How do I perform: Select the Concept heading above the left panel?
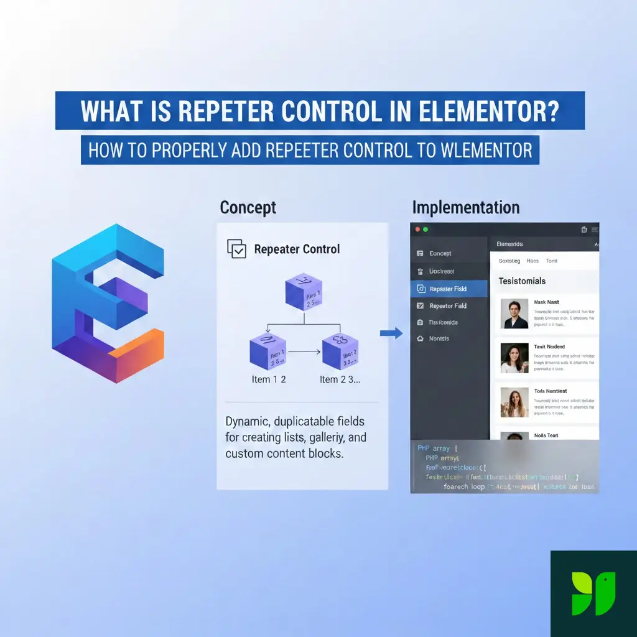[x=248, y=208]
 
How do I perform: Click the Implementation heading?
[x=465, y=208]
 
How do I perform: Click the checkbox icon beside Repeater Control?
[x=237, y=249]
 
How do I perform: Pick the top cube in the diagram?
[x=304, y=291]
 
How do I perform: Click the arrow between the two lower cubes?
[x=304, y=352]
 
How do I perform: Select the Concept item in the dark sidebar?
[x=440, y=253]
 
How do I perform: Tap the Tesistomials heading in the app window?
[x=522, y=281]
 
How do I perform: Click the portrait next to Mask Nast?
[x=514, y=314]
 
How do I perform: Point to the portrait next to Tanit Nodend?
[x=514, y=358]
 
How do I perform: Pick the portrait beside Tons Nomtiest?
[x=514, y=402]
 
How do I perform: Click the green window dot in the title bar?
[x=425, y=230]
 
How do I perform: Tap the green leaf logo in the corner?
[x=593, y=593]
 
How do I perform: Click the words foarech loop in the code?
[x=464, y=486]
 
